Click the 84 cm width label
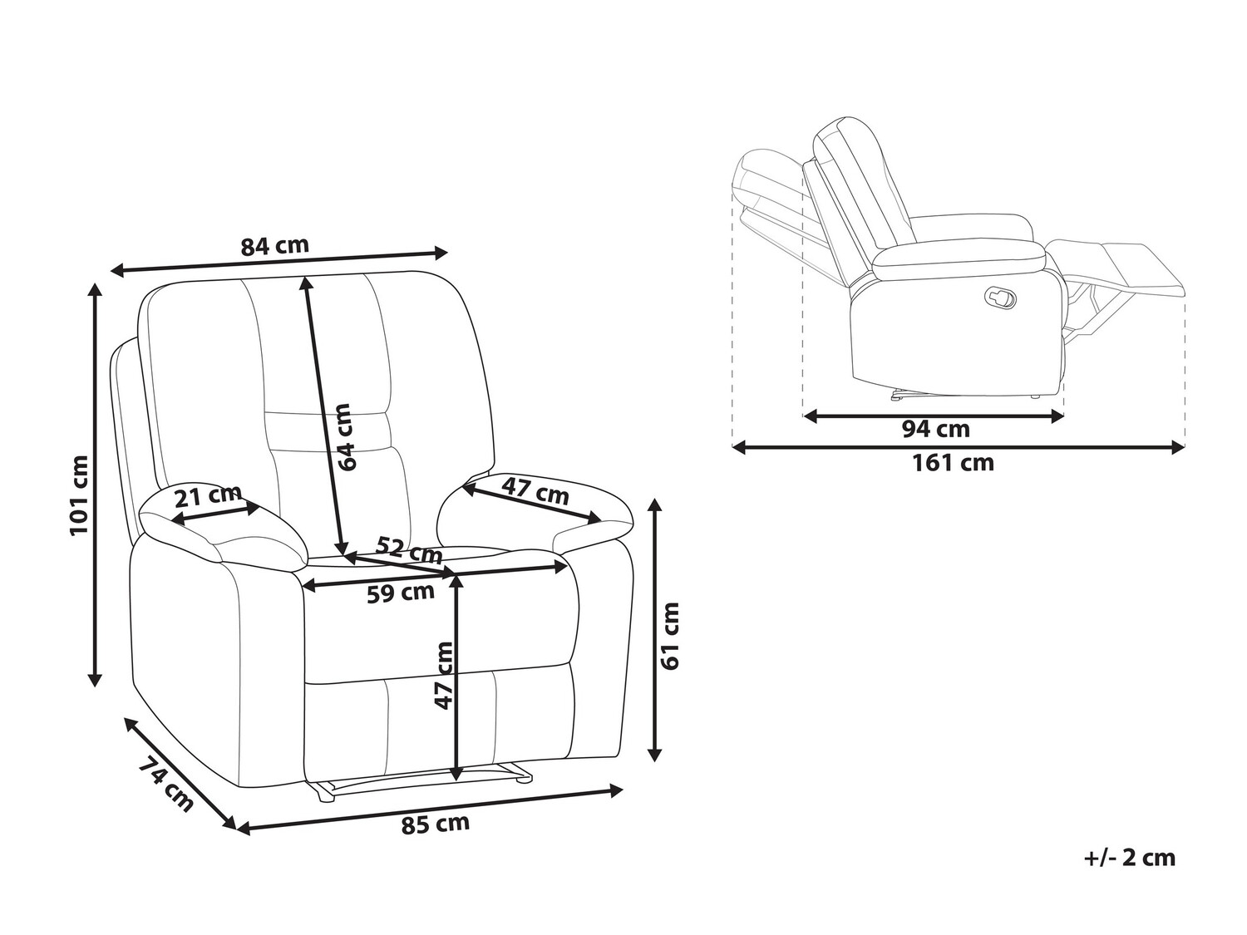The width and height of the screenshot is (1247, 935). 274,246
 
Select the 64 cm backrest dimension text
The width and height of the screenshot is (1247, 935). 347,437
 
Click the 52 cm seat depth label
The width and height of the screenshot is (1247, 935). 409,549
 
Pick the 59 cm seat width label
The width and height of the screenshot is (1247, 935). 401,593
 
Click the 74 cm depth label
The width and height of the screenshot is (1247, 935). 165,784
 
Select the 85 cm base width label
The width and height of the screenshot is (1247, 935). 436,824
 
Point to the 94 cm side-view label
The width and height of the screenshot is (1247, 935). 936,430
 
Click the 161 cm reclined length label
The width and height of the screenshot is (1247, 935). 953,463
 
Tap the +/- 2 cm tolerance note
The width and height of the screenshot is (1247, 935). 1130,859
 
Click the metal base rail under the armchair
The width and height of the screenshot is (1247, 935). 420,781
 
